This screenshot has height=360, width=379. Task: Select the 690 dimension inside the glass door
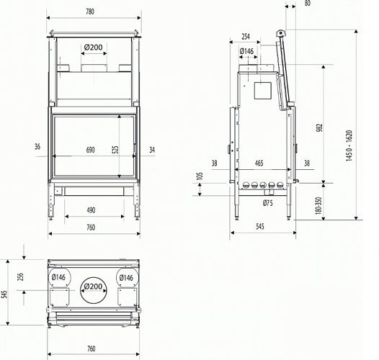click(x=91, y=150)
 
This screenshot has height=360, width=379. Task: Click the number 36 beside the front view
click(x=36, y=147)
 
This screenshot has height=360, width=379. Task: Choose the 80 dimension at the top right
click(x=308, y=4)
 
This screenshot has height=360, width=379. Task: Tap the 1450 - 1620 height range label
click(x=349, y=146)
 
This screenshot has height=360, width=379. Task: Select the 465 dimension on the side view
click(x=259, y=163)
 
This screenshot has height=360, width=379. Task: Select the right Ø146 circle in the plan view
click(x=125, y=277)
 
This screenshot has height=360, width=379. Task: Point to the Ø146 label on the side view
click(x=246, y=51)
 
